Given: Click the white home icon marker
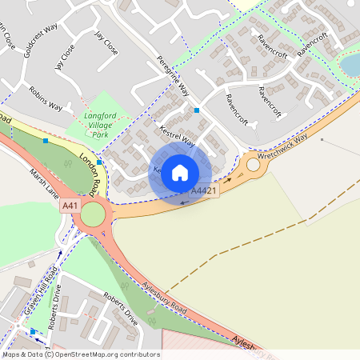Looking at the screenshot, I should pos(180,171).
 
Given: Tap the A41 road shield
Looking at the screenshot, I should pos(70,206).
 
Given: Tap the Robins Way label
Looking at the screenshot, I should pos(45,98).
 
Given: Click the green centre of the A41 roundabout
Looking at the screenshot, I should pos(93,214).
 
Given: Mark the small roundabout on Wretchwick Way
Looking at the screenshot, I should pos(254,166).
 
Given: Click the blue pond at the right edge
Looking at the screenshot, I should pos(351,63).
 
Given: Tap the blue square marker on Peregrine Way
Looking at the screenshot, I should pos(197,110).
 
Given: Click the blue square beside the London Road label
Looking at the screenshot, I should pos(99,162).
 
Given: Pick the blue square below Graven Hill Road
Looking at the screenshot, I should pos(32,331).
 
